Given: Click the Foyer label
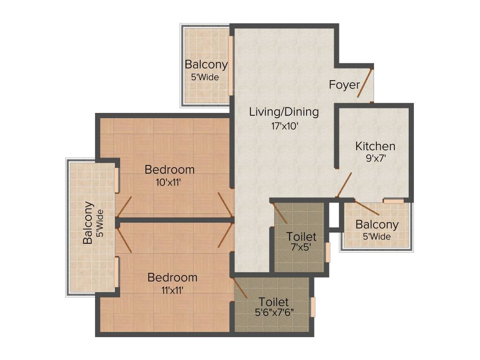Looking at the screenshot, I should click(x=344, y=85).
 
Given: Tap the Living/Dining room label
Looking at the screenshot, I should click(x=284, y=112).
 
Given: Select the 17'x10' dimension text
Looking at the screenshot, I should click(x=284, y=125).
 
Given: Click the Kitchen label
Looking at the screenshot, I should click(x=375, y=146).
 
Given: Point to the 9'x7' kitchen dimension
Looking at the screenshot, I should click(x=375, y=158).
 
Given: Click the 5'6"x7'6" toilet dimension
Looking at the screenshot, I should click(x=274, y=313).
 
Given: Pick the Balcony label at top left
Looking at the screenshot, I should click(x=206, y=65).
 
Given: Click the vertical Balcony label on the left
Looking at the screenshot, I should click(x=88, y=223).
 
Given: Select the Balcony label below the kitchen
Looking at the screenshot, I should click(x=377, y=225).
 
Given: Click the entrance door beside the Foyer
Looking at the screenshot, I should click(x=365, y=83).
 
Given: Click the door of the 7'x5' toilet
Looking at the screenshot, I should click(x=280, y=213).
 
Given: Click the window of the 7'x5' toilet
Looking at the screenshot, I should click(x=328, y=252).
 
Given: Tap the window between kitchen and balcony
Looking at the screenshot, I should click(x=393, y=201).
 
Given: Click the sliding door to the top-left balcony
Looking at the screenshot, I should click(x=231, y=65).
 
